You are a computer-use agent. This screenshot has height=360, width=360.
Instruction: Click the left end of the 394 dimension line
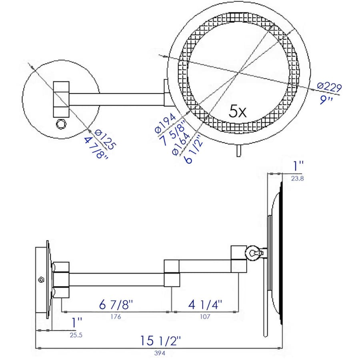click(36, 348)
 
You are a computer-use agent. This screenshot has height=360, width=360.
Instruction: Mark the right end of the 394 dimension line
click(282, 348)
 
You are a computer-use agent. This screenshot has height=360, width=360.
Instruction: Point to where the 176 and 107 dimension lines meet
click(172, 312)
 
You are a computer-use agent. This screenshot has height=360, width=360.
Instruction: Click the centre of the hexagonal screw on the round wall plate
click(61, 124)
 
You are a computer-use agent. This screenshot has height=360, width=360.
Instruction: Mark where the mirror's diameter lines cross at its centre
click(238, 73)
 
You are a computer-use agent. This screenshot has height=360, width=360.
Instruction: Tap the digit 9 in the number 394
click(160, 353)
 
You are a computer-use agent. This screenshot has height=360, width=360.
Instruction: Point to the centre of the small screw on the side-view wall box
click(42, 280)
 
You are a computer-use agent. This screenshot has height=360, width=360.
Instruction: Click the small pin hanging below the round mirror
click(239, 151)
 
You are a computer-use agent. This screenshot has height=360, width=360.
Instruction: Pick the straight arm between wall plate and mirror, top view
click(117, 100)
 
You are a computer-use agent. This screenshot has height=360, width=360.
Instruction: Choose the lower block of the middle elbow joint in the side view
click(172, 280)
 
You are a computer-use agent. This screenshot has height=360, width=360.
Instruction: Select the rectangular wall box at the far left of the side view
click(42, 280)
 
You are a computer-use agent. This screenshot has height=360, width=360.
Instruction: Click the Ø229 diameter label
click(330, 87)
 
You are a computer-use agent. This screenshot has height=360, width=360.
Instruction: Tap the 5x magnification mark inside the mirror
click(238, 111)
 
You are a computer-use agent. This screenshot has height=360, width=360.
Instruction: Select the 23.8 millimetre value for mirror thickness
click(297, 178)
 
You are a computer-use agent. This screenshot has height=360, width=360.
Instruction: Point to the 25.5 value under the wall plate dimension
click(76, 335)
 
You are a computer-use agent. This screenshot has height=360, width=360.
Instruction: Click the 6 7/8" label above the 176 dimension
click(116, 305)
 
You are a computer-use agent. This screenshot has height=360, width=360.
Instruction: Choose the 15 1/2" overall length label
click(160, 340)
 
